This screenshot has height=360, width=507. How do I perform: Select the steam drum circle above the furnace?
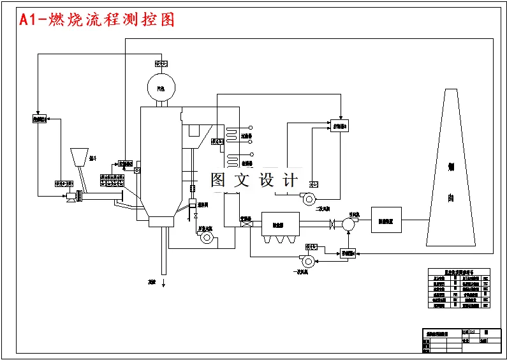[161, 87]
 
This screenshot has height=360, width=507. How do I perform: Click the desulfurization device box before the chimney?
[386, 220]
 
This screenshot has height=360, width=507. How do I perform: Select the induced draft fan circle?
[348, 224]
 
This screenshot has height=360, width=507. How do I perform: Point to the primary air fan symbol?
[307, 260]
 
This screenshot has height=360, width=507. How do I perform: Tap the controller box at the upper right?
[339, 126]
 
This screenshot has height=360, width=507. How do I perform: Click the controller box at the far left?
[40, 119]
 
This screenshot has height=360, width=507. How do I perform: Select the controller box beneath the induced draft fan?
[348, 253]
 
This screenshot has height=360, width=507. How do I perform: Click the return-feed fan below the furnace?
[206, 237]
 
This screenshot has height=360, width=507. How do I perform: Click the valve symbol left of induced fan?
[332, 224]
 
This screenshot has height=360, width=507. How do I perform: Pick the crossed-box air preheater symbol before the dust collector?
[245, 223]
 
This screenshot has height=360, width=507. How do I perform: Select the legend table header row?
[459, 271]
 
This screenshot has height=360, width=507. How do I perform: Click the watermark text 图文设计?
[254, 181]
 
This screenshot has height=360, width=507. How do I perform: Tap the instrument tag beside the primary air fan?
[311, 246]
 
